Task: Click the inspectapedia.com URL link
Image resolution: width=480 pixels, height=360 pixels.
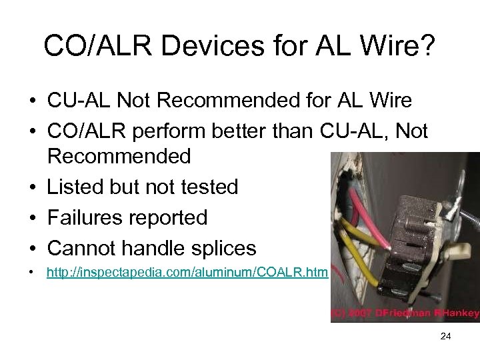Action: tap(187, 273)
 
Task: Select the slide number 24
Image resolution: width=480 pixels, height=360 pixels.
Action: tap(446, 337)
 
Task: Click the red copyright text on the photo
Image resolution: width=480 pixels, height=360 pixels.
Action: tap(405, 313)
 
